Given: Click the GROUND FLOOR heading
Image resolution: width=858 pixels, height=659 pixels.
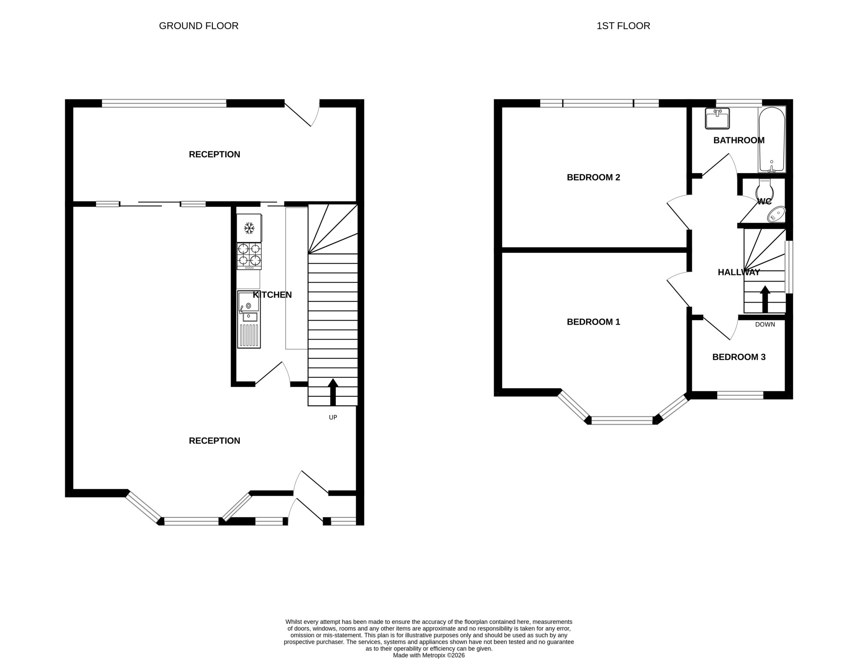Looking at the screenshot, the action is (199, 26).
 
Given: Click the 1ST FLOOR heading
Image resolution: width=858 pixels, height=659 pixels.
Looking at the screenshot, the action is (623, 26).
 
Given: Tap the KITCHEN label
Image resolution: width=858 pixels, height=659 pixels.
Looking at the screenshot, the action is (272, 295).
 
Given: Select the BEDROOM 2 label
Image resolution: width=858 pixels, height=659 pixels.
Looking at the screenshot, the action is (593, 177).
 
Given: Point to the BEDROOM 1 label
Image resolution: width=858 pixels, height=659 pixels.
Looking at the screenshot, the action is (593, 322).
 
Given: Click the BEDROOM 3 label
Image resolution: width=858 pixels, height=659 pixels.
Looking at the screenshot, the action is (739, 357).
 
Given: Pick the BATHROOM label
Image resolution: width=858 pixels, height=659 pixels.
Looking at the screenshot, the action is (739, 140).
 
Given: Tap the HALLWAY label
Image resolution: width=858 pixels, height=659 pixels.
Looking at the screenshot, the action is (739, 272).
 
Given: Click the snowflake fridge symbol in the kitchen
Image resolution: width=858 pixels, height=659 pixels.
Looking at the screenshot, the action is (249, 228).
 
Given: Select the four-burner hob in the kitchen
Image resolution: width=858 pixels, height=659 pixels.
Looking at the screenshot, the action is (249, 256).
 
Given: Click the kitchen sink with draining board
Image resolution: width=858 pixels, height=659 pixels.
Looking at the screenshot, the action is (249, 319).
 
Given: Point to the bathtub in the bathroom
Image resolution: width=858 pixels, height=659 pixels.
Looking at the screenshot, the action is (772, 140).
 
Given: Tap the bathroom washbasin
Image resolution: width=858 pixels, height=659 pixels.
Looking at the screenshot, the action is (717, 118).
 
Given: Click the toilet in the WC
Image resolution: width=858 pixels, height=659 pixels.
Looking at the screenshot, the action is (764, 190).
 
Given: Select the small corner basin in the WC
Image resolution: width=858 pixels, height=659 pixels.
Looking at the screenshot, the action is (776, 214).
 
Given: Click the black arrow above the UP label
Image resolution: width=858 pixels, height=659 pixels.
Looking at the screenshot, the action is (333, 392).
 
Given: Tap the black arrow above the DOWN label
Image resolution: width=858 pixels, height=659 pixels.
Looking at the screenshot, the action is (765, 299).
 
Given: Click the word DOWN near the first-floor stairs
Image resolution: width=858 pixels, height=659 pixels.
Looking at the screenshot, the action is (765, 325).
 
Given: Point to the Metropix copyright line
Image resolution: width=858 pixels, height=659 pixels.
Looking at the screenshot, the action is (429, 656).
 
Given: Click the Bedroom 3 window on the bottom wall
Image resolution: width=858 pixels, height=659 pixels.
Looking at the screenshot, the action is (740, 395).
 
